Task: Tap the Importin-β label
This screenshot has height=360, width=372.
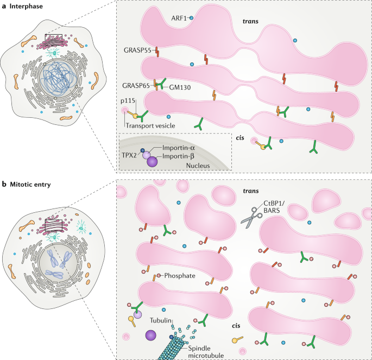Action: point(174,157)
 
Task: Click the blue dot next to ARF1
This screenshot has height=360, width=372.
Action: point(191,18)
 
